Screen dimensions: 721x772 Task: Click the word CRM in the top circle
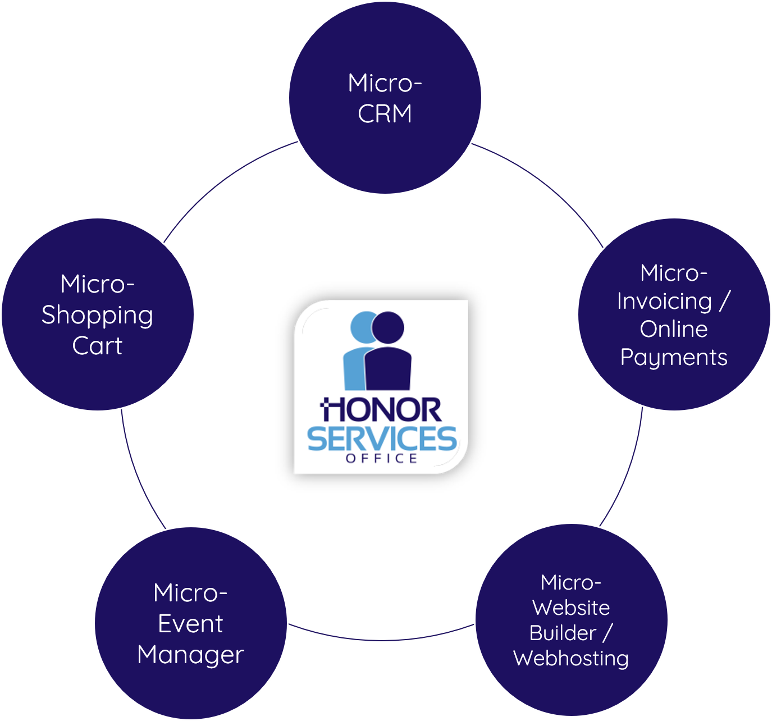[385, 113]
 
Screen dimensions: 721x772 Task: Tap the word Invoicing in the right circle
[664, 302]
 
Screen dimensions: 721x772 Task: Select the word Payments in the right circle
[674, 358]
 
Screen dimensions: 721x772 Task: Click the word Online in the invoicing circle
[674, 329]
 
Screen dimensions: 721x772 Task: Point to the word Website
[571, 608]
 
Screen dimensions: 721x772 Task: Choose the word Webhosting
[571, 658]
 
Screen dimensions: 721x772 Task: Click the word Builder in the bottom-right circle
[563, 633]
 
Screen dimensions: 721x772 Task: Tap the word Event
[190, 624]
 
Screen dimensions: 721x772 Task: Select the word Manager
[190, 655]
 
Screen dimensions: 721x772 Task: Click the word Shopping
[97, 316]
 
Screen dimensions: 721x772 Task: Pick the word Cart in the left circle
[97, 346]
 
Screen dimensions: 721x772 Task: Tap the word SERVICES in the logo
[382, 439]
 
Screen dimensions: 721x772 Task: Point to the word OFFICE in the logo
[382, 459]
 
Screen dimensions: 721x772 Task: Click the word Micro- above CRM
[385, 83]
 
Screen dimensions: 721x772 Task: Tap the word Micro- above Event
[190, 593]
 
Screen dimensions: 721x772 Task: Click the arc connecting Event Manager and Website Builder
[382, 640]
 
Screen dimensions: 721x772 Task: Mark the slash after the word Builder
[607, 633]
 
